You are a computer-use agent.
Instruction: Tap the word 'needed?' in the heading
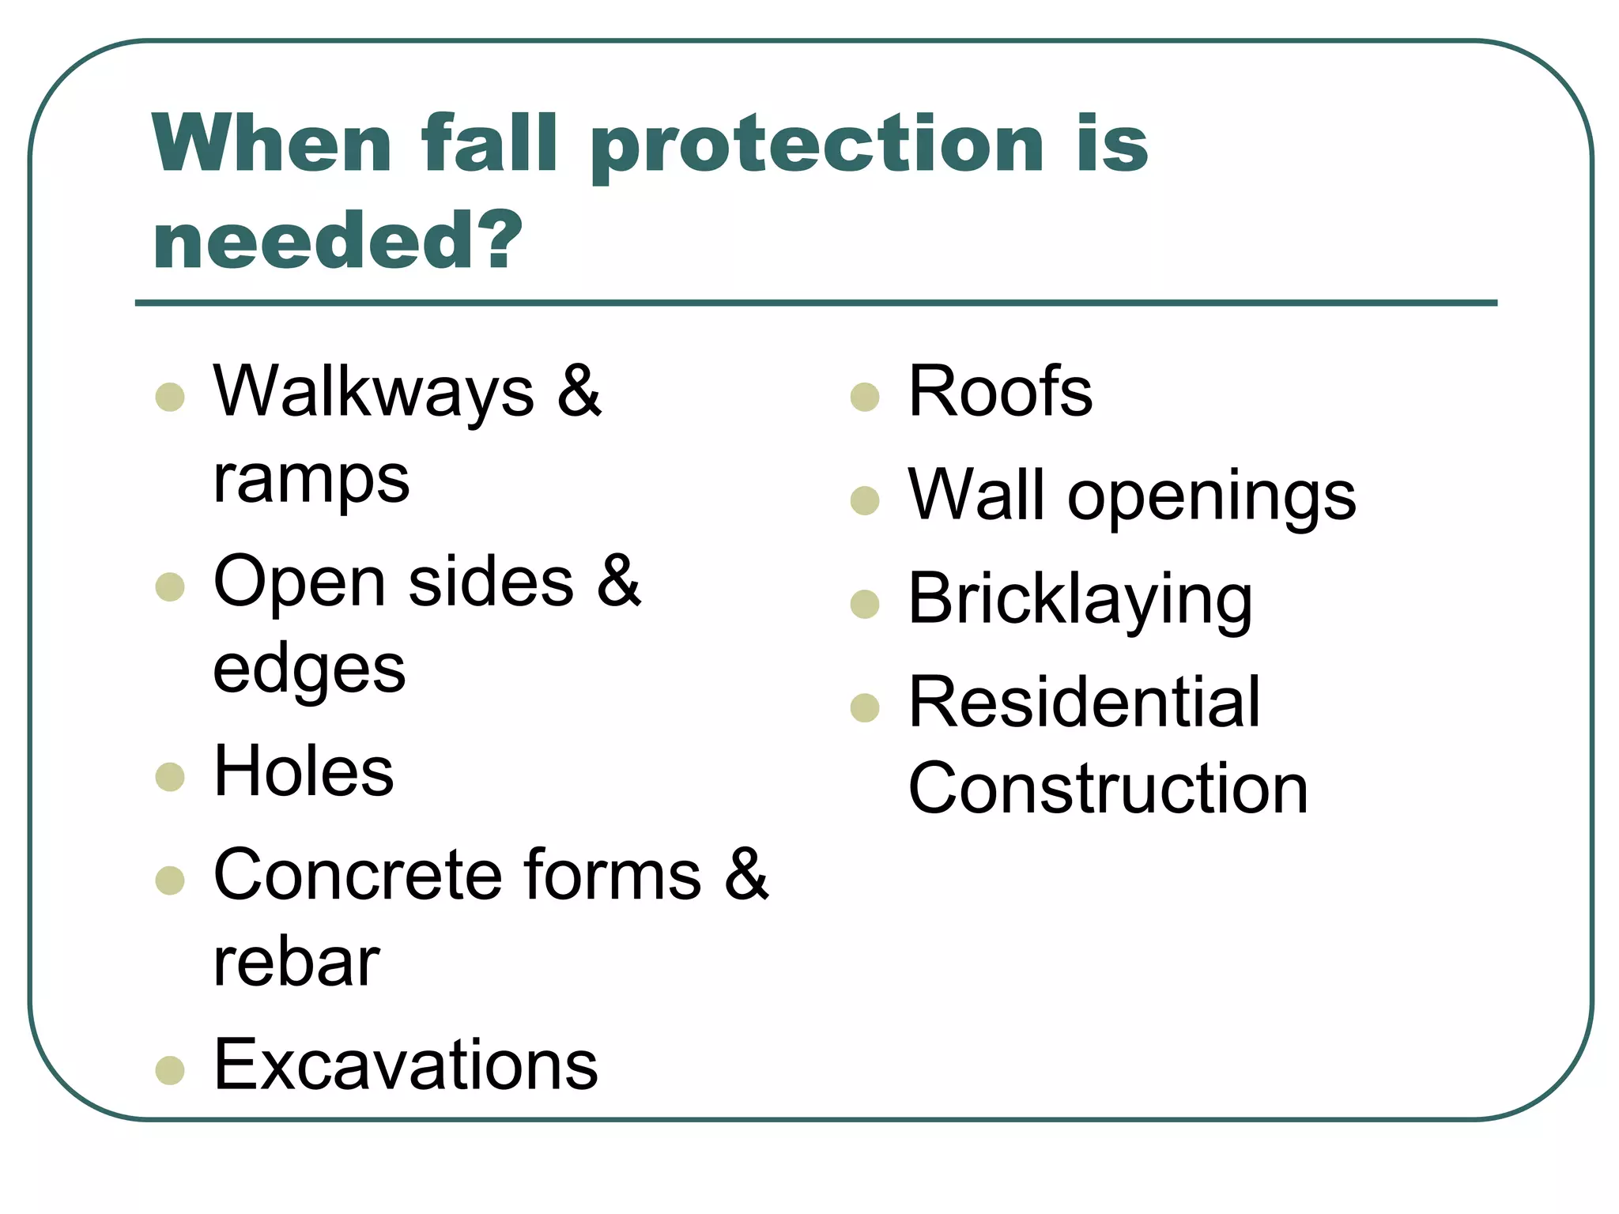338,241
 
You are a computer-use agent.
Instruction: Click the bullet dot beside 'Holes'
170,776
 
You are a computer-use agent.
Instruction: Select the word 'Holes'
304,771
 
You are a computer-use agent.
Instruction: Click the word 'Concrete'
357,874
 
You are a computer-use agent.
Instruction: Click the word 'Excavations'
406,1065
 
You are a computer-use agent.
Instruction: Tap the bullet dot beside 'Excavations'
170,1070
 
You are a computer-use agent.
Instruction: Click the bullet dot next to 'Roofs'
865,397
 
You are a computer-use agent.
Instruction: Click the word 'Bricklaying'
1080,601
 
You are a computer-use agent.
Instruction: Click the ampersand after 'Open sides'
618,581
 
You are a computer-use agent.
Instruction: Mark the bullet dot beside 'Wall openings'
865,500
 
